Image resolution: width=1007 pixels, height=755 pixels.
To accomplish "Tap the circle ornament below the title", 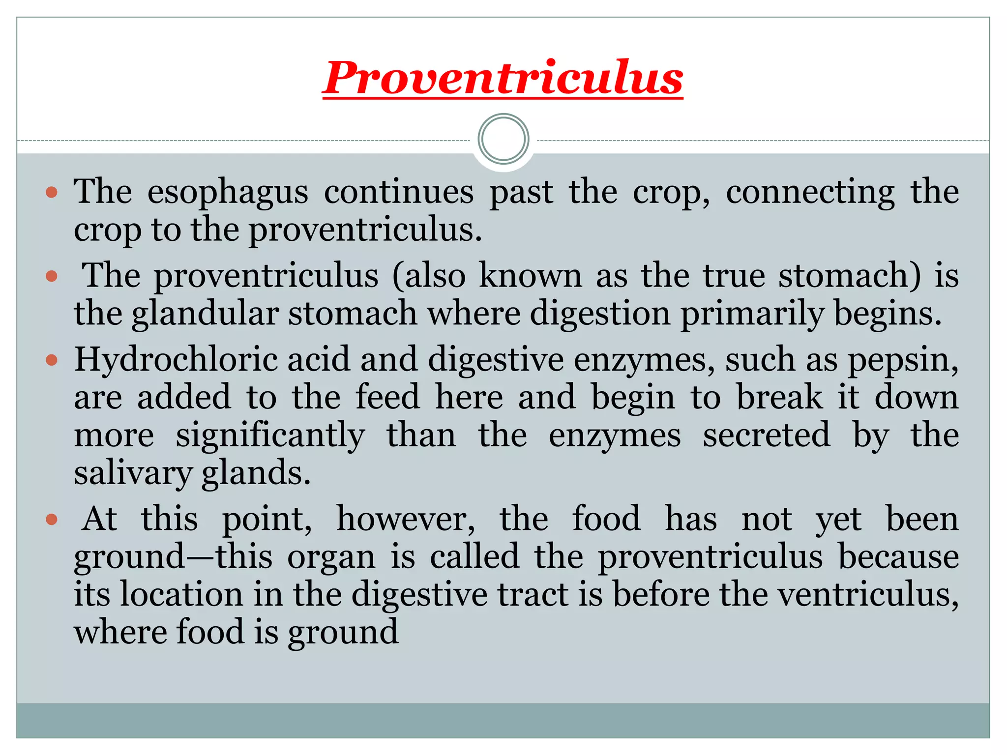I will (x=503, y=139).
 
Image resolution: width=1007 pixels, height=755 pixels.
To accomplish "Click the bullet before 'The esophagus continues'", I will (x=52, y=192).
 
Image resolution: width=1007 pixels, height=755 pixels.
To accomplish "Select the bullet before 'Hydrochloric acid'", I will (x=52, y=361).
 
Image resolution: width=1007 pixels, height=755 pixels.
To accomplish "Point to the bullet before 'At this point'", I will (x=52, y=520).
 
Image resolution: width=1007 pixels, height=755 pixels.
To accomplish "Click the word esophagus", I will (x=228, y=193).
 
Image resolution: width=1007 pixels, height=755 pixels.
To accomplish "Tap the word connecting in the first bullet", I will (x=810, y=193).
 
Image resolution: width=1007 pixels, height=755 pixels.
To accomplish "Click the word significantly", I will (x=270, y=436).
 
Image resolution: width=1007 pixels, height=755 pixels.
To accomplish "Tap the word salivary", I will (x=133, y=474).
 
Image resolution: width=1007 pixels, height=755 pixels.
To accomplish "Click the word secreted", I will (x=766, y=436).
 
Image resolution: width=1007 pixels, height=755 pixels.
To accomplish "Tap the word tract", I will (x=533, y=594).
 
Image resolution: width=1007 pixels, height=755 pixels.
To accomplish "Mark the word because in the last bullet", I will (x=898, y=557).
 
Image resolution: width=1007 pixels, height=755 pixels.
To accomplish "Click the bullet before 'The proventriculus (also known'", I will (x=52, y=276).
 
